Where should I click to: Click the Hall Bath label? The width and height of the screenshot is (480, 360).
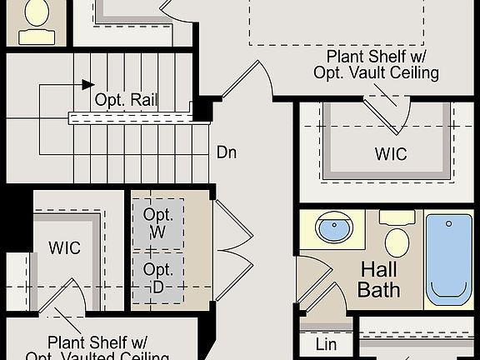(x=379, y=280)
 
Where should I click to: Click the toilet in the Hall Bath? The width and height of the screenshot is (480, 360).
(x=397, y=237)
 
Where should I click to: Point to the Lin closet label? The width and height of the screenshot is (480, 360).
(x=327, y=344)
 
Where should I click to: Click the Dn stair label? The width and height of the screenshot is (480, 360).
(x=227, y=152)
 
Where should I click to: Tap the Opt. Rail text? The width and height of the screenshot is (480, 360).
(x=127, y=100)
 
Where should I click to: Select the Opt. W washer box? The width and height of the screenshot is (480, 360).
(x=158, y=223)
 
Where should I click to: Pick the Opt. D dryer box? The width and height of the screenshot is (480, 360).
(x=158, y=279)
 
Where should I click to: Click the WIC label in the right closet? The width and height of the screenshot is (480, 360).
(x=390, y=154)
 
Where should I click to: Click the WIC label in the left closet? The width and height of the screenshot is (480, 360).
(x=64, y=247)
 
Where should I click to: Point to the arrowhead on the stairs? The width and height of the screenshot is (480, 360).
(x=87, y=83)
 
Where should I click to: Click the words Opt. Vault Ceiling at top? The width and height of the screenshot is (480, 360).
(x=376, y=72)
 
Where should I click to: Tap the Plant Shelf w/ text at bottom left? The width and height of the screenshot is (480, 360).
(x=97, y=342)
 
